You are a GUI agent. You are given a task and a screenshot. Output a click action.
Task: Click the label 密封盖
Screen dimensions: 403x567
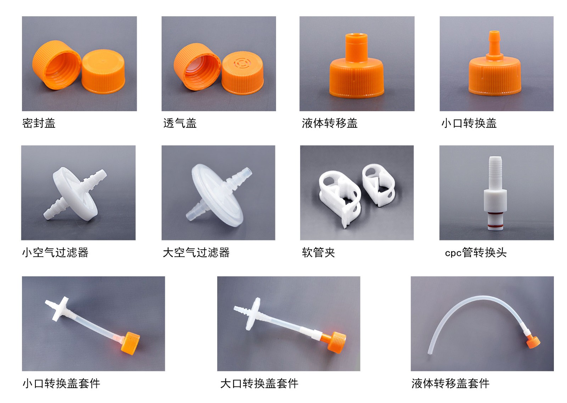(x=39, y=123)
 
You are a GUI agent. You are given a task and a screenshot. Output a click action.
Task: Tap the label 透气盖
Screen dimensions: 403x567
(x=180, y=123)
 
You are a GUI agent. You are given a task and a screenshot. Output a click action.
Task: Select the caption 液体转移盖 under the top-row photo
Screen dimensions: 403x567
(x=330, y=123)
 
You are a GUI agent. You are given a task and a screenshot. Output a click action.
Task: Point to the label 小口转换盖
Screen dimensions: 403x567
(x=468, y=123)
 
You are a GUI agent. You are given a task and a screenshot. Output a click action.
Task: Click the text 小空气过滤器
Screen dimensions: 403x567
(x=55, y=252)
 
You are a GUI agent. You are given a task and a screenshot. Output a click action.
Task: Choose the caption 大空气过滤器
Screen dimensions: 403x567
(x=196, y=252)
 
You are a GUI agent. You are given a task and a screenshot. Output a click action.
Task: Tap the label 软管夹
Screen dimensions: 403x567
(x=318, y=252)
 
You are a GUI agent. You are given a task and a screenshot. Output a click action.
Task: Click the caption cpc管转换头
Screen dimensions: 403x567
(x=476, y=252)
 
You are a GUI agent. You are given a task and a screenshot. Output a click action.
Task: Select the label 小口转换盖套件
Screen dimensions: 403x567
(x=61, y=383)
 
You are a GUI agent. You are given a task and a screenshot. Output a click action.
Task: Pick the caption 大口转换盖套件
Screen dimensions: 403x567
(x=259, y=383)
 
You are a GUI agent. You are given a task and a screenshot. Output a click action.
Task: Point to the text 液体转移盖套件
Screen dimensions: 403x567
(x=450, y=383)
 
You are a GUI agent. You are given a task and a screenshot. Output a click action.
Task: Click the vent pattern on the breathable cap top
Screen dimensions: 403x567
(x=242, y=63)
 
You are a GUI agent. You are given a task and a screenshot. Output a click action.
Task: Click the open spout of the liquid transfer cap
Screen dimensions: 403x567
(x=356, y=36)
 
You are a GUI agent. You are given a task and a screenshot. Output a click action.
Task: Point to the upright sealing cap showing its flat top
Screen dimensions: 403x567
(x=103, y=71)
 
